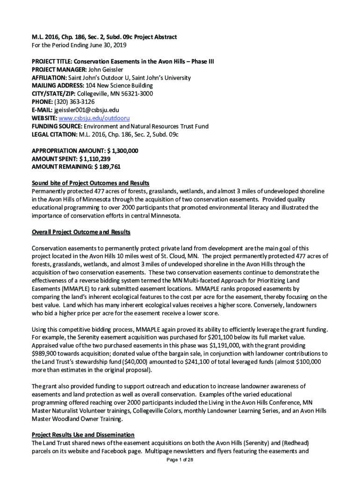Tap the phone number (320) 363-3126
[74, 102]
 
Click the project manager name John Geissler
[104, 69]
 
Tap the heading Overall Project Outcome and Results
[81, 232]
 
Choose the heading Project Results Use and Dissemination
[83, 435]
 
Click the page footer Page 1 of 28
[180, 460]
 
